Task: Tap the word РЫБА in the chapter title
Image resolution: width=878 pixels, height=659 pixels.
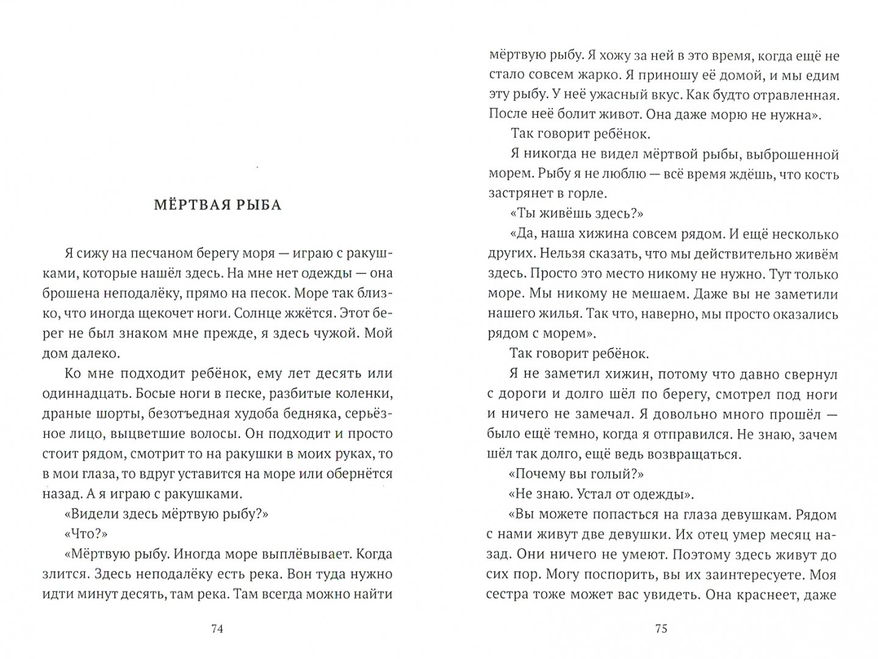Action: coord(257,205)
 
